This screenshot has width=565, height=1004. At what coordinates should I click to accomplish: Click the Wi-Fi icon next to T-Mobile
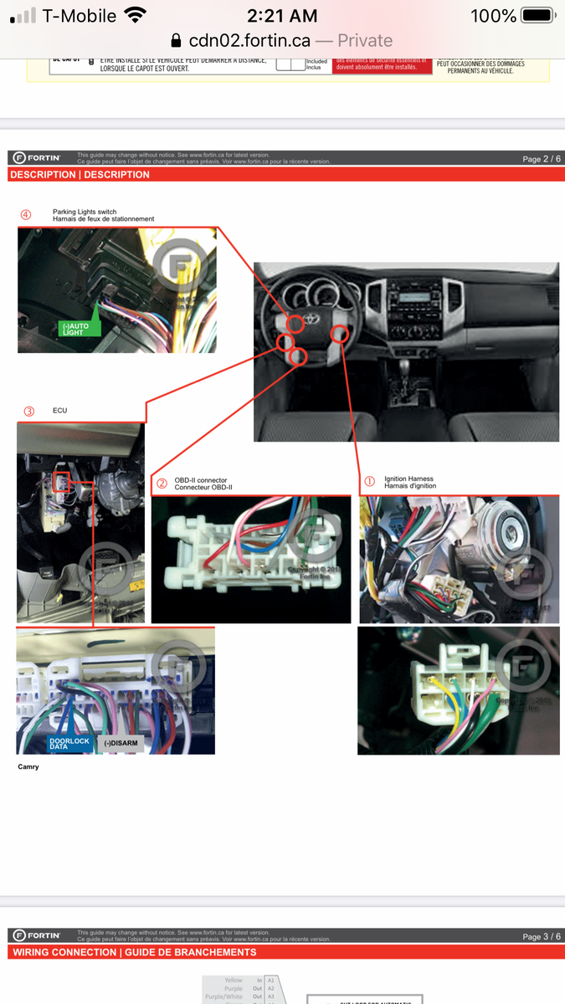(x=134, y=15)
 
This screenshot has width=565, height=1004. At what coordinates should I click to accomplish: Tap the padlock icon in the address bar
(x=176, y=40)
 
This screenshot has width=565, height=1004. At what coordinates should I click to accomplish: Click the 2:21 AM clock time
(x=282, y=15)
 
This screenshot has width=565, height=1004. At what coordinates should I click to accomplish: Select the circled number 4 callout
(x=26, y=215)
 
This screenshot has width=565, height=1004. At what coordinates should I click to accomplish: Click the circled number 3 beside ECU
(x=29, y=411)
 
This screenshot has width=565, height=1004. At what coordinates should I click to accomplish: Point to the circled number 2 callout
(x=162, y=484)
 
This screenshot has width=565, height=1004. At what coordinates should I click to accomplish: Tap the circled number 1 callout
(x=369, y=482)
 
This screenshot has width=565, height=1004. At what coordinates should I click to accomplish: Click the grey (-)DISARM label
(x=122, y=743)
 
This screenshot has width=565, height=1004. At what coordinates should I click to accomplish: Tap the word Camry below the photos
(x=28, y=766)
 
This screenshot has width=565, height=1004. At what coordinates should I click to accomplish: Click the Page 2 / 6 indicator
(x=542, y=159)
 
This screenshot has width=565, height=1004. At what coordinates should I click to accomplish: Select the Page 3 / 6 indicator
(x=542, y=936)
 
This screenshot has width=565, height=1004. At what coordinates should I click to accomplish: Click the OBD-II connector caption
(x=203, y=484)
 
